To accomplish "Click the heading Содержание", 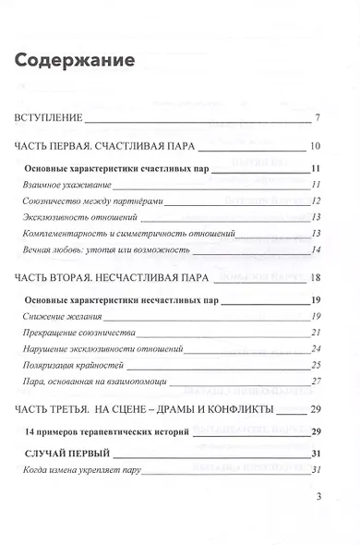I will pos(75,61).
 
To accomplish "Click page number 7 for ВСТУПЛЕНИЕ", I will pos(317,118).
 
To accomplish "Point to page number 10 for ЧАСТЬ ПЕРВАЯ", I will pos(315,146).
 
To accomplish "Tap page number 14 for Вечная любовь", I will pos(316,249).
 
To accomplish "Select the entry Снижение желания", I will pos(64,316).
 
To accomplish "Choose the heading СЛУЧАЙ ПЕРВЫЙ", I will pos(77,454).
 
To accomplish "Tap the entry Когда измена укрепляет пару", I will pos(85,470).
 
